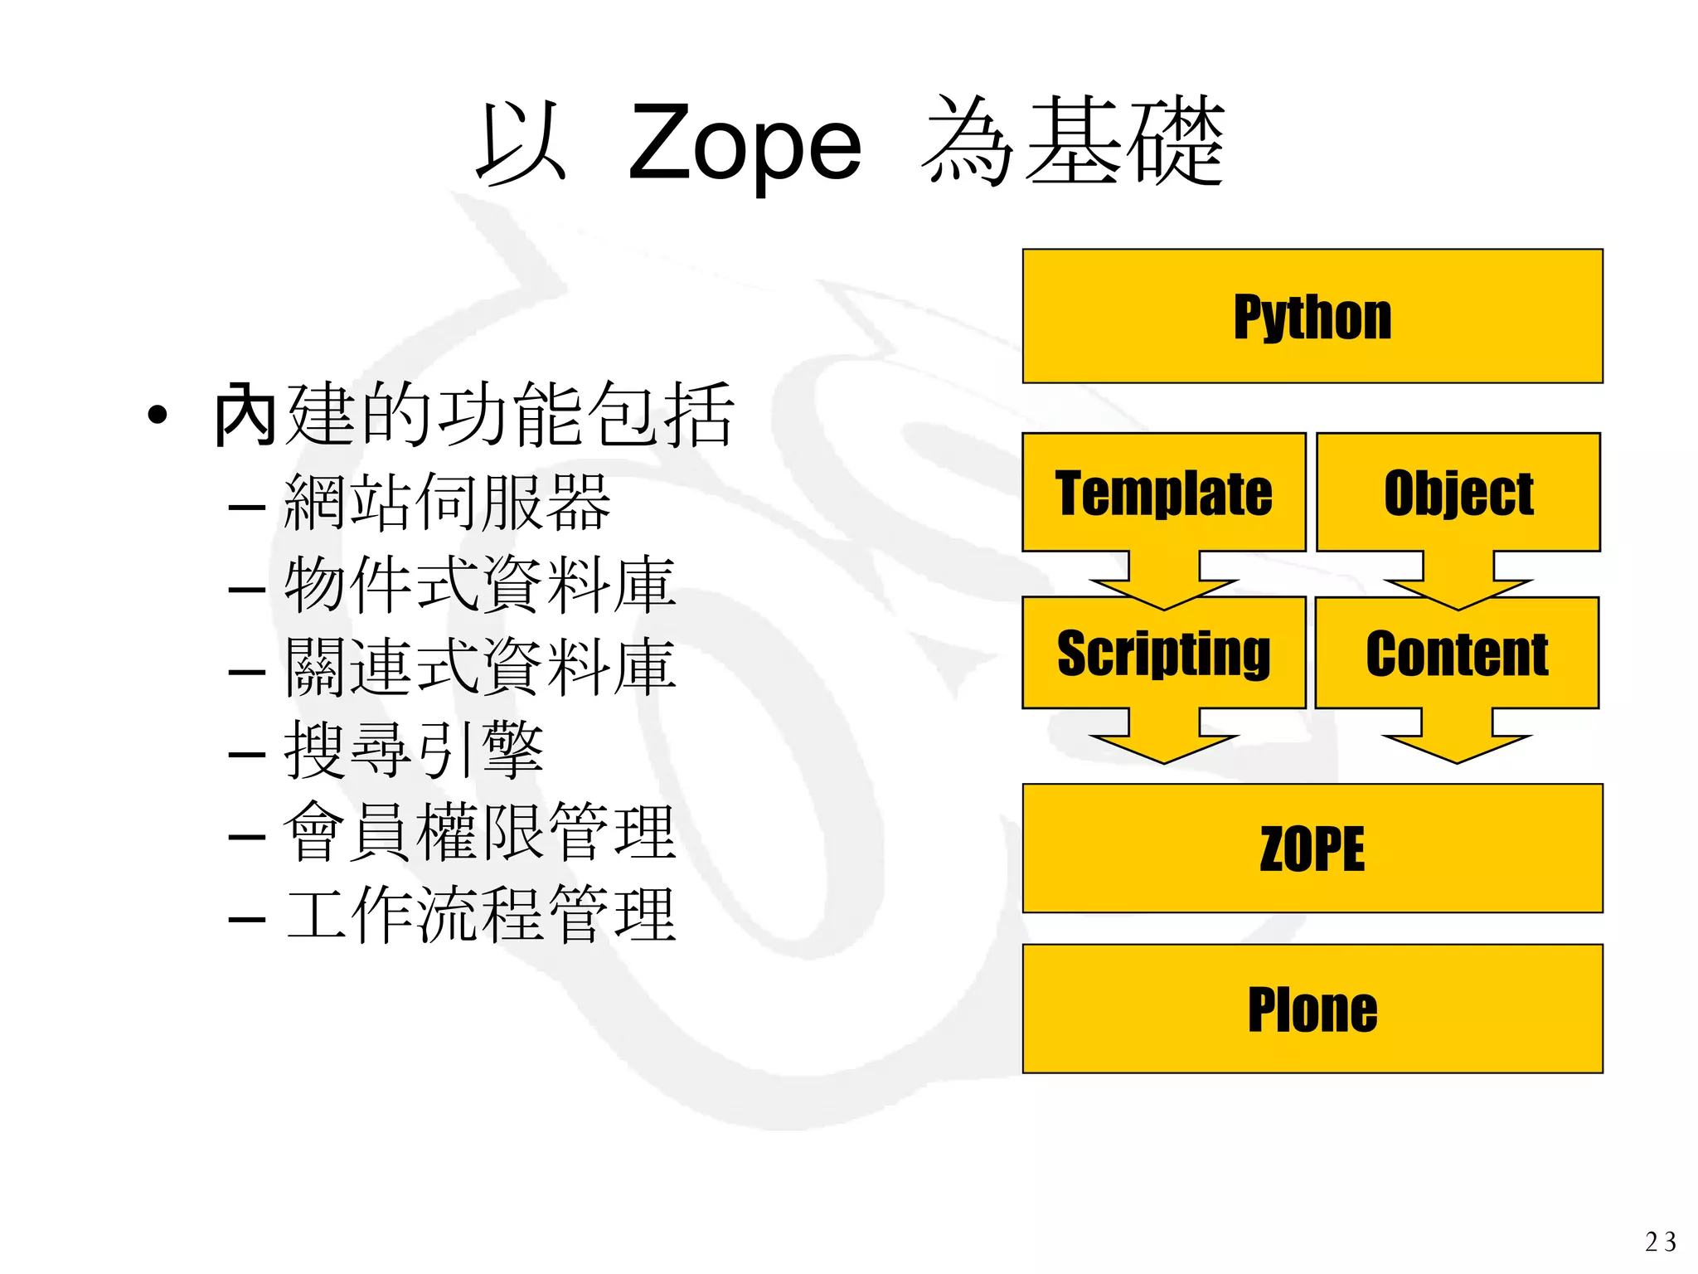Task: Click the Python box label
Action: click(1312, 317)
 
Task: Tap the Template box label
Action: click(1163, 494)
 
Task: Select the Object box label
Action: click(1458, 494)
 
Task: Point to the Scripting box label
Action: click(1163, 654)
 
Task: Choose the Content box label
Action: click(1457, 654)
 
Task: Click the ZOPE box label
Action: click(1312, 849)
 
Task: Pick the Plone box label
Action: click(1312, 1009)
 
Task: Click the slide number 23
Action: click(1660, 1242)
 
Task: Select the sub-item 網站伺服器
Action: click(447, 503)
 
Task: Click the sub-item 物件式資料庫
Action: click(480, 586)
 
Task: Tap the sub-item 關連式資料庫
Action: click(480, 668)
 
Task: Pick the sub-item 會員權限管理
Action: click(480, 833)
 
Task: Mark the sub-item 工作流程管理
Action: click(480, 916)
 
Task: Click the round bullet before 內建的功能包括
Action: click(158, 415)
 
